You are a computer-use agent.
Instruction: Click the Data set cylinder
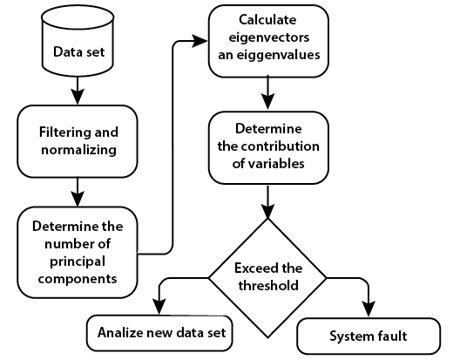point(78,41)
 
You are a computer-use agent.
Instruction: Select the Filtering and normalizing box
point(78,141)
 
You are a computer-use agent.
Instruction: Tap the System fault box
point(368,336)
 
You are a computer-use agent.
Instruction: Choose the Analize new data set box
point(159,333)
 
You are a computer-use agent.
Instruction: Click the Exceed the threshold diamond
point(267,278)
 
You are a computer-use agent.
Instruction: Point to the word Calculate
point(267,20)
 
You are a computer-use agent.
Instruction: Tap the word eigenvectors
point(269,37)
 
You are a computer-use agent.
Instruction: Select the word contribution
point(281,146)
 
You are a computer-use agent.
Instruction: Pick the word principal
point(78,262)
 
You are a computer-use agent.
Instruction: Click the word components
point(78,279)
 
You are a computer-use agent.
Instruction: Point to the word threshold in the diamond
point(268,285)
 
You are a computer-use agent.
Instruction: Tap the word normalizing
point(78,150)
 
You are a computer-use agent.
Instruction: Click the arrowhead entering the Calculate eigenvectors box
point(200,41)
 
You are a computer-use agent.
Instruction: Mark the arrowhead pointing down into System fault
point(368,309)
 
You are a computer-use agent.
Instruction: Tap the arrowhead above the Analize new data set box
point(159,307)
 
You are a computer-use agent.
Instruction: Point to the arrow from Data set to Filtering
point(78,91)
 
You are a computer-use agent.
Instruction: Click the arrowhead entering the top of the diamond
point(267,211)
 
